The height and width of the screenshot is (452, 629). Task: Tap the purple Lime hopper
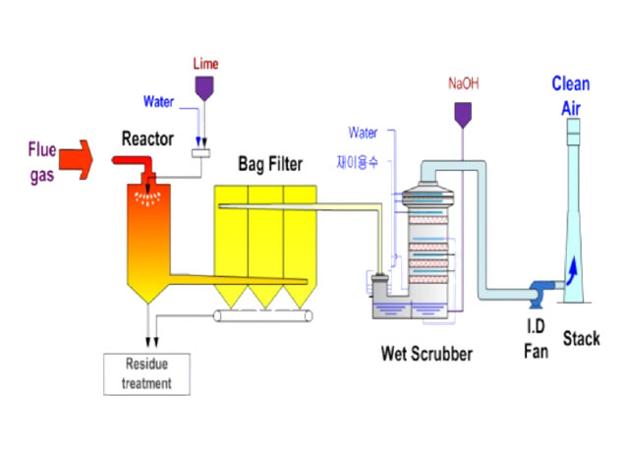click(x=205, y=88)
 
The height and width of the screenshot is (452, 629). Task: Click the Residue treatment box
click(x=146, y=376)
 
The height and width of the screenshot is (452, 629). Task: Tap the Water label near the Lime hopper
click(x=159, y=101)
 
